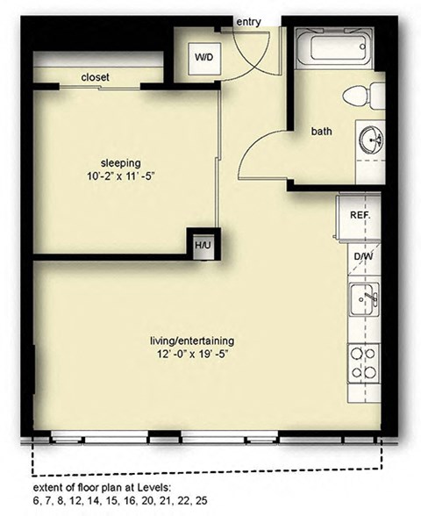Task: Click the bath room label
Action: (x=322, y=132)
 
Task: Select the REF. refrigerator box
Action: (x=360, y=214)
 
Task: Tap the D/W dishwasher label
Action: (x=361, y=257)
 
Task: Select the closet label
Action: (x=96, y=78)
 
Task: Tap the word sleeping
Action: (x=121, y=161)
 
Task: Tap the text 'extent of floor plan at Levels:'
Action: (x=103, y=487)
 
